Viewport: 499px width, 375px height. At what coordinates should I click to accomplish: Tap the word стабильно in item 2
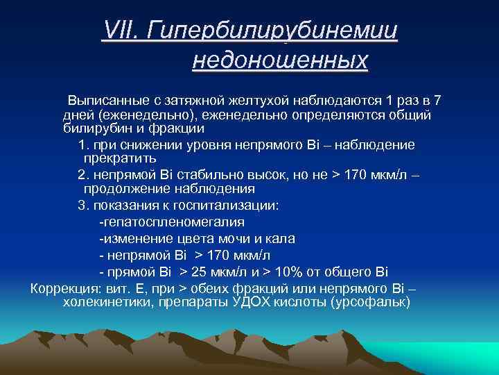click(209, 174)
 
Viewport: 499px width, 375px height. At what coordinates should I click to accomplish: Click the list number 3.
click(81, 206)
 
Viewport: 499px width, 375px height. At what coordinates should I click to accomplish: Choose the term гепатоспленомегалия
click(172, 222)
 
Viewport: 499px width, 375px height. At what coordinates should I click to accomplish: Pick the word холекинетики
click(104, 303)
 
